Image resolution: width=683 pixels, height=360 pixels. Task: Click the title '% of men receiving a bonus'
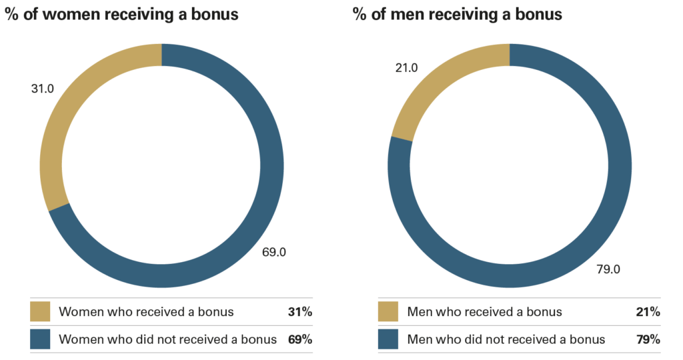point(458,14)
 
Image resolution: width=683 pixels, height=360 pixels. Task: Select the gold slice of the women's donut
point(63,113)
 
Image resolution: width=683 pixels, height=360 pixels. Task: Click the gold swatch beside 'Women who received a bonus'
point(40,311)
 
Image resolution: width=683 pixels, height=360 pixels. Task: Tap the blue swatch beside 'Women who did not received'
point(40,339)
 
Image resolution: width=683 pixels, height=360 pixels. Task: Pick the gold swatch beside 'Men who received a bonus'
point(388,311)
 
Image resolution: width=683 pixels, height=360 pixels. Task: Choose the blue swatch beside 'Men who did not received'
point(388,339)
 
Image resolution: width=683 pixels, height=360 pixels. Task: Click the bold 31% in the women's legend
point(300,311)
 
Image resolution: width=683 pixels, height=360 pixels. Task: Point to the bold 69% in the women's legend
point(300,339)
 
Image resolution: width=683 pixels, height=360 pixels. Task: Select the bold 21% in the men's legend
point(648,311)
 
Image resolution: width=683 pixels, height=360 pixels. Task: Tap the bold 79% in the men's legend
point(648,339)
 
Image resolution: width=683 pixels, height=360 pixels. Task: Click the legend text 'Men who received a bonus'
point(484,311)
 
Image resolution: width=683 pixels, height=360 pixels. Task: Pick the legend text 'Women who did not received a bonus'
point(167,339)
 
